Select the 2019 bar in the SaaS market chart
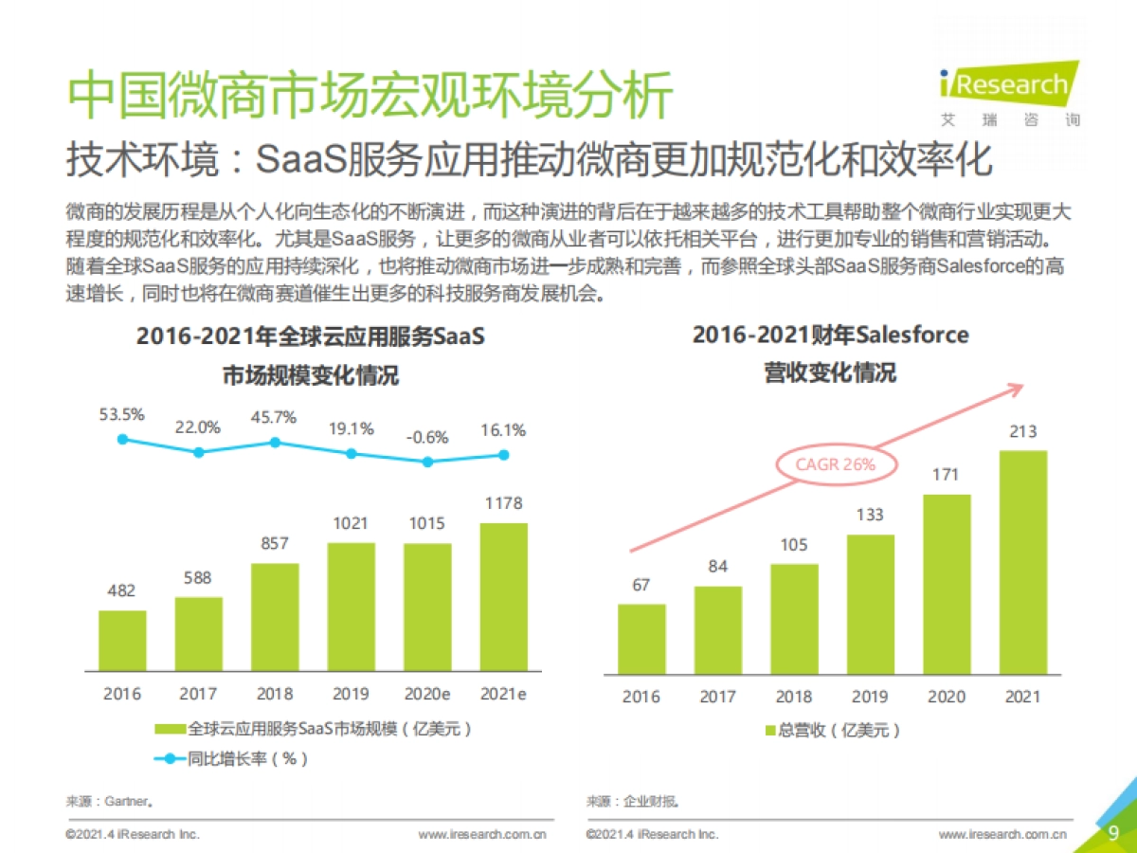coord(351,606)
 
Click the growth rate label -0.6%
coord(428,438)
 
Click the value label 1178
coord(503,503)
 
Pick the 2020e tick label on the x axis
coord(427,693)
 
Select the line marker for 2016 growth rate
coord(122,439)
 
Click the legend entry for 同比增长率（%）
coord(232,758)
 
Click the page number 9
coord(1113,833)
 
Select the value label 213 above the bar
coord(1023,432)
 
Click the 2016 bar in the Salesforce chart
coord(641,639)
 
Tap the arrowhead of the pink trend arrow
coord(1016,388)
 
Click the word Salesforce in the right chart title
coord(911,335)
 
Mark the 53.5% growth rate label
coord(121,414)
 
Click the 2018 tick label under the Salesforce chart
coord(794,697)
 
